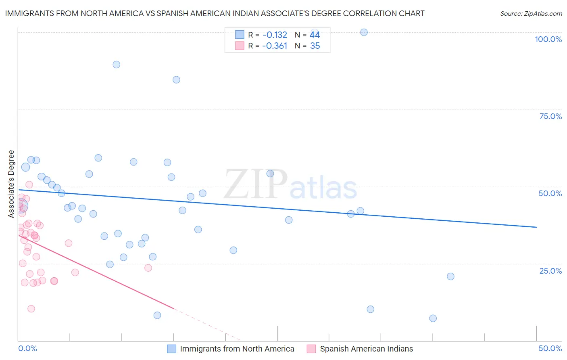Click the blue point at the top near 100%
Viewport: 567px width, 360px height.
click(364, 32)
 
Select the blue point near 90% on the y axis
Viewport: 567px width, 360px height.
click(117, 65)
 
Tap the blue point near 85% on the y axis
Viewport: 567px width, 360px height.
click(176, 80)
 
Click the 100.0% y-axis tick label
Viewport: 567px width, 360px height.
click(548, 39)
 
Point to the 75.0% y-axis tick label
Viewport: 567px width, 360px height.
click(550, 116)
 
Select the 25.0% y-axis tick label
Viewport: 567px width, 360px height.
click(550, 271)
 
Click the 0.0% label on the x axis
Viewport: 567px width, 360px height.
click(27, 348)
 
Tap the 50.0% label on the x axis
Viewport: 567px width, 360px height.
click(550, 348)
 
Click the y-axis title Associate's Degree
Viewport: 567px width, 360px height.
click(11, 184)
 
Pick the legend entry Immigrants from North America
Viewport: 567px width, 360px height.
click(237, 349)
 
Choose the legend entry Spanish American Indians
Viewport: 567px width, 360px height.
click(366, 349)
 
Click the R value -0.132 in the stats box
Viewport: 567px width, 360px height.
click(274, 35)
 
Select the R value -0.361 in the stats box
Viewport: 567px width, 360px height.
click(274, 46)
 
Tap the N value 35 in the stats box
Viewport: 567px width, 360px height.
click(315, 46)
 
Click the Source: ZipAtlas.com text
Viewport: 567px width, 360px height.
click(531, 13)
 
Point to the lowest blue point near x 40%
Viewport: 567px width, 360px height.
click(433, 318)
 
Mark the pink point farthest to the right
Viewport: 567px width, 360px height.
click(148, 268)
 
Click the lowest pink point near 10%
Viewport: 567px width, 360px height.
click(31, 309)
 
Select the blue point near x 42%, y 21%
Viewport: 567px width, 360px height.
click(450, 276)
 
